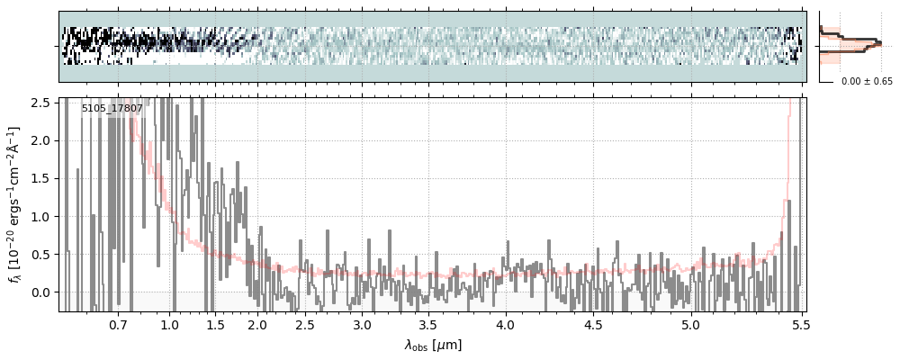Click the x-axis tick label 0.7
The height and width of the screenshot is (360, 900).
[x=118, y=324]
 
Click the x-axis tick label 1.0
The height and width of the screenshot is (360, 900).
[x=170, y=324]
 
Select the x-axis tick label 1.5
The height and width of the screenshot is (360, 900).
[x=216, y=324]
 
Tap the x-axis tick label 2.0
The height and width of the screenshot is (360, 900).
[x=257, y=324]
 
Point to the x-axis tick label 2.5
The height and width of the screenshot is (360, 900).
[x=305, y=324]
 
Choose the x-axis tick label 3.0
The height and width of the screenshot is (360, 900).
[x=362, y=324]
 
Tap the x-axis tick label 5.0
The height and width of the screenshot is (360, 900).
[x=690, y=324]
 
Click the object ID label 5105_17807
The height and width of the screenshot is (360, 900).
[x=112, y=109]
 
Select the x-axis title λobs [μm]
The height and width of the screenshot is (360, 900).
[x=432, y=345]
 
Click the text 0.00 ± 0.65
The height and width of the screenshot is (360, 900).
[x=867, y=82]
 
